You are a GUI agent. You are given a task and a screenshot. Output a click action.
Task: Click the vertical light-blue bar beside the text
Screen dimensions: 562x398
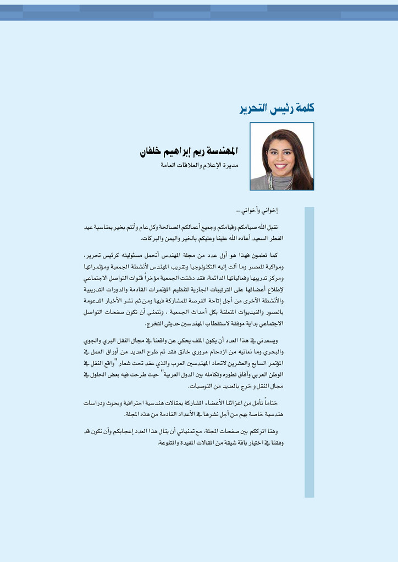coord(309,351)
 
